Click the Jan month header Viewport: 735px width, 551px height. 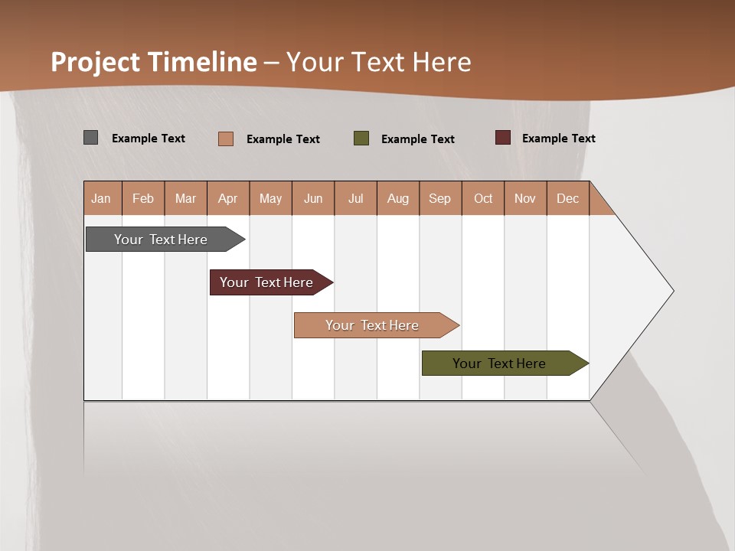[102, 198]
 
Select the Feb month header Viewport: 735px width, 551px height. [143, 198]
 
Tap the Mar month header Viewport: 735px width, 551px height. [185, 198]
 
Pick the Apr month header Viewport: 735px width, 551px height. [228, 198]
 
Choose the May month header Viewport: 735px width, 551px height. [270, 198]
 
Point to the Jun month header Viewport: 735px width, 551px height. [313, 198]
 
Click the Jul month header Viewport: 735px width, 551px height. [355, 198]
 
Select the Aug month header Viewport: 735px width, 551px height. [398, 198]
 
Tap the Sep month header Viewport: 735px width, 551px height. [440, 198]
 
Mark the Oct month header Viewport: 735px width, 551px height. [483, 198]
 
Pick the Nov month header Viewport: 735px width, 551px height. [525, 198]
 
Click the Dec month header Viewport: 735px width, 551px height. [567, 198]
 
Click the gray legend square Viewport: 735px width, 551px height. [91, 138]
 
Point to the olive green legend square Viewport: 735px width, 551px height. [361, 138]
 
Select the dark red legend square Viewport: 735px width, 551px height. [502, 138]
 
